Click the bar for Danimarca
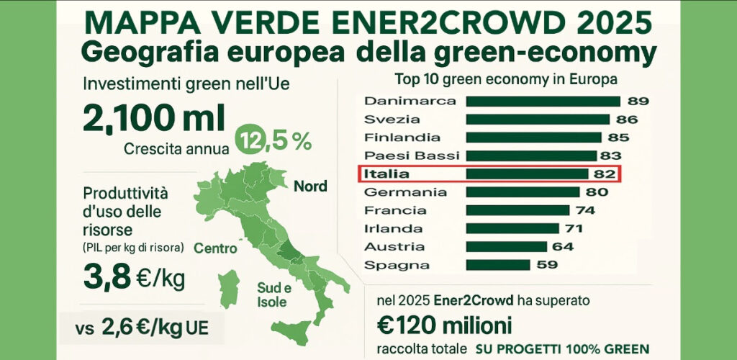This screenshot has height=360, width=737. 543,101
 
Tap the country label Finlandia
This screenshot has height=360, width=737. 403,138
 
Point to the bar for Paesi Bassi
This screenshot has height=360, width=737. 531,156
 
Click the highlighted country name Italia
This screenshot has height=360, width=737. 386,174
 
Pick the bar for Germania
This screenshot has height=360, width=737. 523,192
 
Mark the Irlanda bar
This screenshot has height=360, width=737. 512,228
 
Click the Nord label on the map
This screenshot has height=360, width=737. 310,186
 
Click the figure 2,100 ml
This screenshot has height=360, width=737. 154,117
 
